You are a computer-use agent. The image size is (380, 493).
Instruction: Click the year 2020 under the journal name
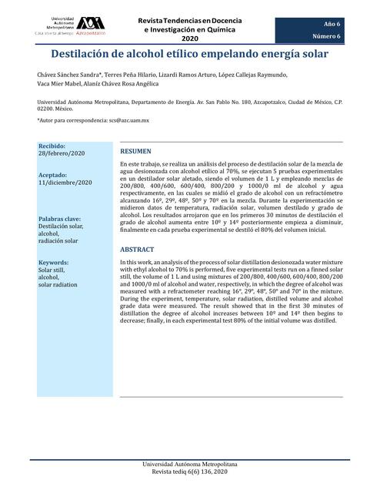[x=189, y=39]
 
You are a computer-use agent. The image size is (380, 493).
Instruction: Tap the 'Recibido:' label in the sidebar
[x=52, y=146]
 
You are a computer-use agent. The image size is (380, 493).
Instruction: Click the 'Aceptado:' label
[x=54, y=175]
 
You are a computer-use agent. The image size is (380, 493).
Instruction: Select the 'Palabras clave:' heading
[x=62, y=219]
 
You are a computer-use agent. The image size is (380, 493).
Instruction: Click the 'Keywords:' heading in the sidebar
[x=54, y=263]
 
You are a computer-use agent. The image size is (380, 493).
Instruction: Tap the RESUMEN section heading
[x=136, y=152]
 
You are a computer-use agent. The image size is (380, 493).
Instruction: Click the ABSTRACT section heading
[x=138, y=250]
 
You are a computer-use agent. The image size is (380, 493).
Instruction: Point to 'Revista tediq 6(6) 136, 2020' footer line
[x=190, y=479]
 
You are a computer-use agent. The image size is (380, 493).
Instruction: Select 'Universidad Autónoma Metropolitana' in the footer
[x=190, y=470]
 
